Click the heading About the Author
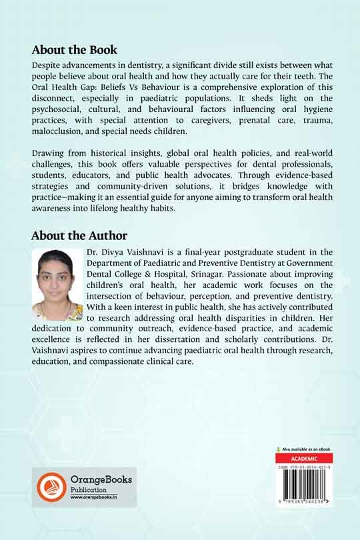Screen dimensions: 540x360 (79, 236)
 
